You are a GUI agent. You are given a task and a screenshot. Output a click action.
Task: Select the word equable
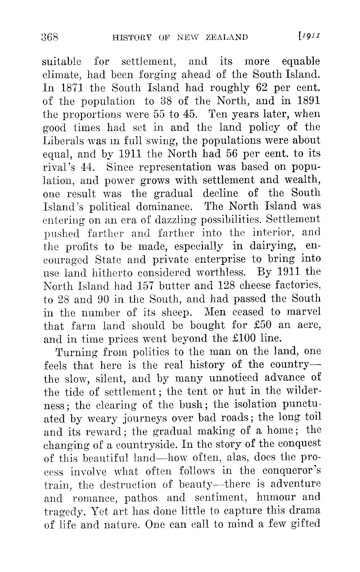click(x=301, y=61)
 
